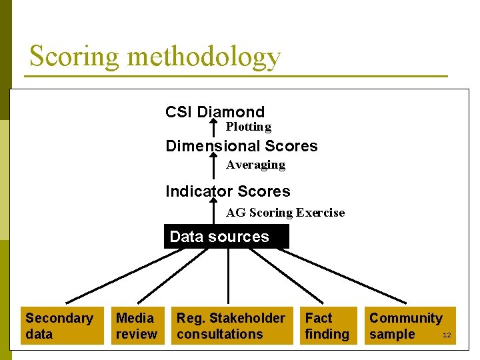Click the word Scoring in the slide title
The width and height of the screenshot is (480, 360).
74,57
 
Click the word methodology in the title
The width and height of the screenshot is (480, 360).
203,57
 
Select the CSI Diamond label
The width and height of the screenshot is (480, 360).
215,112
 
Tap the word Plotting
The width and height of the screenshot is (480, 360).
248,127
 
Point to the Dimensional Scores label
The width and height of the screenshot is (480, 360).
241,146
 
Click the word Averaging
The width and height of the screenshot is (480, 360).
255,165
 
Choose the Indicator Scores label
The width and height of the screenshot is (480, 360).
228,191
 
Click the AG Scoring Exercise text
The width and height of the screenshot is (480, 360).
285,213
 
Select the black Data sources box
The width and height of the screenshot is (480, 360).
227,237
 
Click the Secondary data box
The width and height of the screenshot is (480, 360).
62,326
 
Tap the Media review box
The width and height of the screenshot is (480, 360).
136,326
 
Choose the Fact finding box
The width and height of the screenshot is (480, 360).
327,326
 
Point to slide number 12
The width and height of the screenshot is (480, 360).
447,335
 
